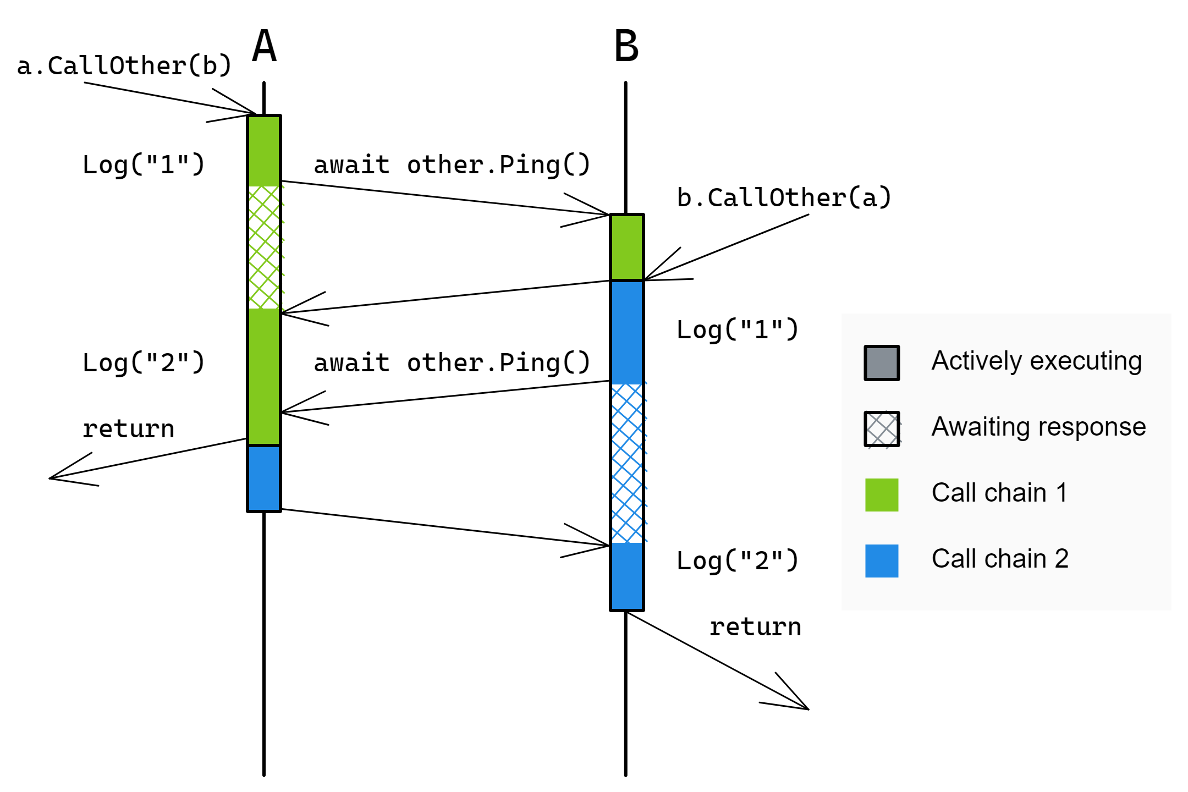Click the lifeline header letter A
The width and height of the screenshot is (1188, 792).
coord(264,46)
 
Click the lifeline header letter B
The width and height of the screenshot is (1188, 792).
coord(626,46)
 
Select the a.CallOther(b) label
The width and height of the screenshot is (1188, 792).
coord(124,66)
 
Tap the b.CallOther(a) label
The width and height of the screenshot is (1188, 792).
coord(784,198)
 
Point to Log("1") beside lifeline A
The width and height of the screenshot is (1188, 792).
coord(144,165)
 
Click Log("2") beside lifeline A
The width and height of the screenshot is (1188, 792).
coord(144,363)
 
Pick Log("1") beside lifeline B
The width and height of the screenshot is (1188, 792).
coord(738,330)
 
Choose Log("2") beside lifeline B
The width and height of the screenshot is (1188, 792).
coord(738,561)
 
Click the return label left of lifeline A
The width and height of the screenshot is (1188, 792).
coord(128,429)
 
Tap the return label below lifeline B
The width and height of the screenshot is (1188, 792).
coord(755,627)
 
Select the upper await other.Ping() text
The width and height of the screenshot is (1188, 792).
coord(452,165)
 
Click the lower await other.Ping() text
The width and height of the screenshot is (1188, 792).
coord(452,363)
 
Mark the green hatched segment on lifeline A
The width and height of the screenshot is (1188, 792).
coord(264,248)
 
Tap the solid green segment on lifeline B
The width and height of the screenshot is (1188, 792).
coord(627,248)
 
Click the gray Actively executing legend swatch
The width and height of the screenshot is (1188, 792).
coord(882,363)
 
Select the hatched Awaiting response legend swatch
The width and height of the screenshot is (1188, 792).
coord(882,429)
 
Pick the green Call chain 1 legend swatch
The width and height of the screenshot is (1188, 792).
coord(882,495)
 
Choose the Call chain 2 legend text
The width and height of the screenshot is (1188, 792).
coord(1000,559)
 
